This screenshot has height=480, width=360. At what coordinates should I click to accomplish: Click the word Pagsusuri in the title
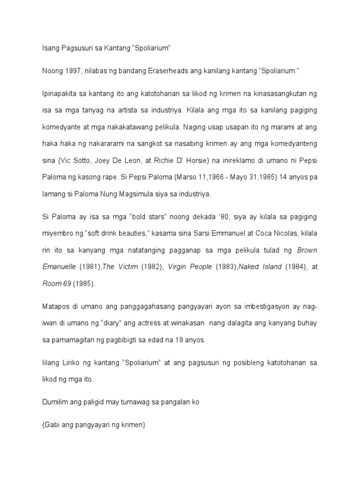[78, 50]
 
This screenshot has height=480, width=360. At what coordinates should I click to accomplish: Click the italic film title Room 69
[55, 284]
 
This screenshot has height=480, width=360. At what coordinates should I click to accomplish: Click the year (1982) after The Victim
[152, 267]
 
